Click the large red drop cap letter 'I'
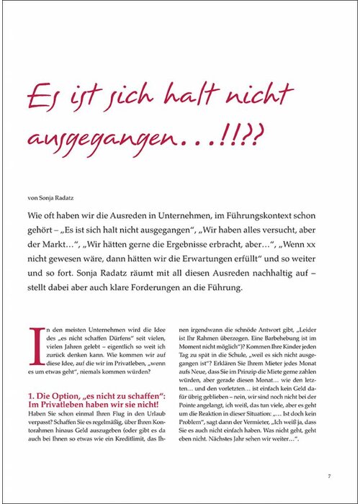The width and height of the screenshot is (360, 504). (x=33, y=344)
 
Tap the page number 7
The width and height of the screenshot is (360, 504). (x=328, y=476)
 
